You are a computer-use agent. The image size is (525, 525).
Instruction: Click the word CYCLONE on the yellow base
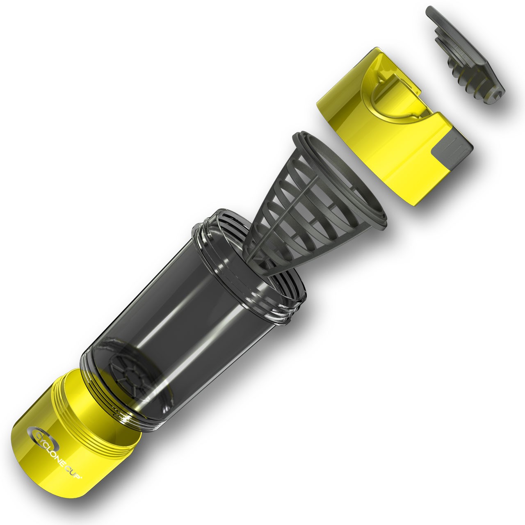(x=53, y=441)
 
